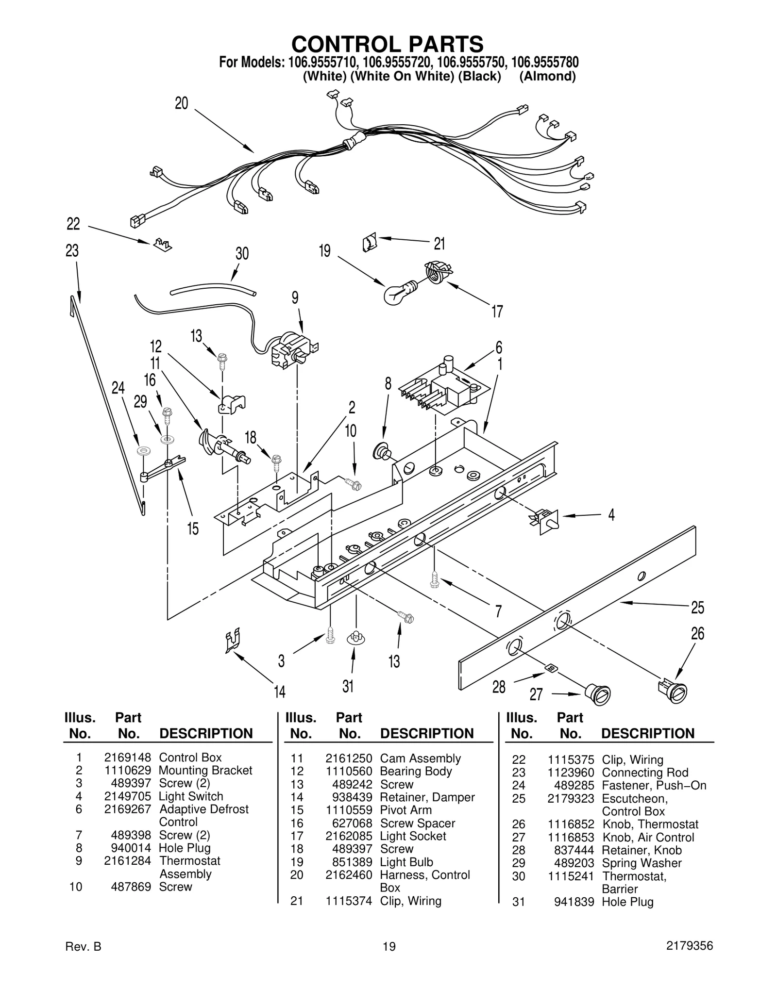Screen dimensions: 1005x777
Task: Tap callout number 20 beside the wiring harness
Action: point(181,103)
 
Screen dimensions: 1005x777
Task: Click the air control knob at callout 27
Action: point(597,693)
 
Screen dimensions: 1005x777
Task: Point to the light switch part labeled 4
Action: point(546,521)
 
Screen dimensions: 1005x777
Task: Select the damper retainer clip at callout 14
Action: point(234,641)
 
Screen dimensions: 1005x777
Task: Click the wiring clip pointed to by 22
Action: point(162,244)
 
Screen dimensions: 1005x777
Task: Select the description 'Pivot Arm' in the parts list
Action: point(405,810)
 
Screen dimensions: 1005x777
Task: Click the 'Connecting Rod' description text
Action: point(645,773)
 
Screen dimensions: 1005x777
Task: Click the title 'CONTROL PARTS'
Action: point(387,44)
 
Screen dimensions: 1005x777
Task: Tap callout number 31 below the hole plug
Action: point(348,686)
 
